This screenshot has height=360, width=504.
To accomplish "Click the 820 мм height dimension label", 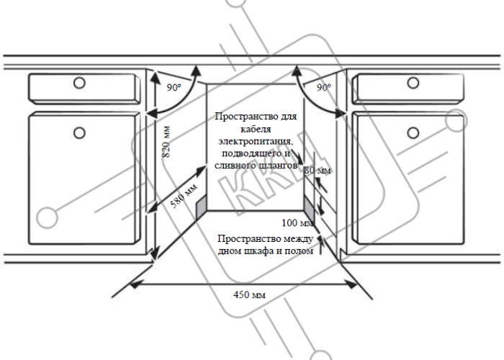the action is [x=166, y=142].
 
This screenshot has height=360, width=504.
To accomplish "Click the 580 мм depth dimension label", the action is [x=184, y=196].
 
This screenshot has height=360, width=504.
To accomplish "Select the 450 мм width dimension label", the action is [x=249, y=294].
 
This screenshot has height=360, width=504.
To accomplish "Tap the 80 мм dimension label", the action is [x=318, y=170].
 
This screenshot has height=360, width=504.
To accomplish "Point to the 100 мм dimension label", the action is [x=297, y=222].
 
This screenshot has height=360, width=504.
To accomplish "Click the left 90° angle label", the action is [x=174, y=87].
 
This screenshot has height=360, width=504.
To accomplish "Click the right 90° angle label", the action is [x=324, y=87].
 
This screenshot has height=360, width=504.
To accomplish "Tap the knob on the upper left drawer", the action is [x=79, y=83].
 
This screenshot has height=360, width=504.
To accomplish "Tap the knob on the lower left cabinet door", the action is [x=79, y=132].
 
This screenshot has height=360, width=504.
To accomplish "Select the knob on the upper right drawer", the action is [x=413, y=83].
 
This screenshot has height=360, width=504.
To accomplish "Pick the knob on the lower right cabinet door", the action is [x=413, y=132].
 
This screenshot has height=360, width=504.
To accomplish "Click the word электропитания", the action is [x=256, y=141].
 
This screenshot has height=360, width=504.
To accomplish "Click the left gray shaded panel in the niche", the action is [x=201, y=207].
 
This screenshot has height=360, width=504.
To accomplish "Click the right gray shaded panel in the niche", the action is [x=310, y=207].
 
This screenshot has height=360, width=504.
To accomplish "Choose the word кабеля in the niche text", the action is [x=256, y=129].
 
